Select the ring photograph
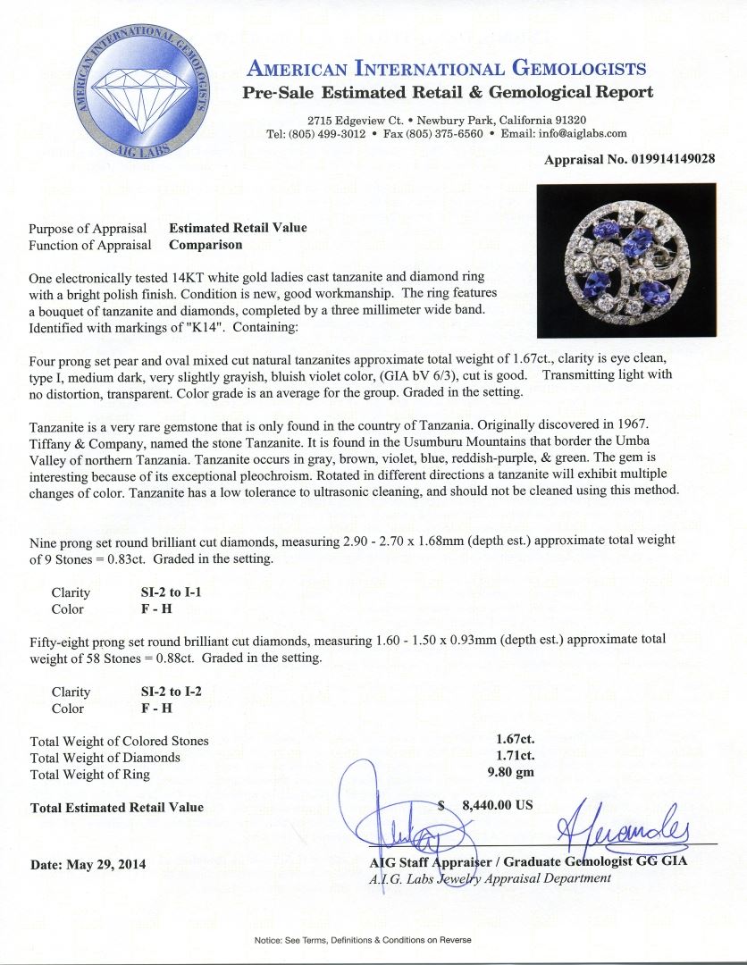pyautogui.click(x=625, y=260)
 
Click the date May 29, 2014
pyautogui.click(x=88, y=864)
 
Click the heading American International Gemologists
pyautogui.click(x=447, y=69)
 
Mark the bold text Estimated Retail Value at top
pyautogui.click(x=238, y=228)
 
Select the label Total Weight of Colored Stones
pyautogui.click(x=119, y=741)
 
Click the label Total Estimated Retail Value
pyautogui.click(x=116, y=808)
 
